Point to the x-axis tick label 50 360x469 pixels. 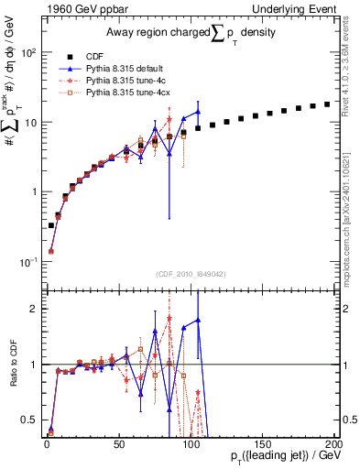click(x=118, y=442)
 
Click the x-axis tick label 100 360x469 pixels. click(x=190, y=442)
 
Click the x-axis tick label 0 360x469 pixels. click(x=47, y=442)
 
